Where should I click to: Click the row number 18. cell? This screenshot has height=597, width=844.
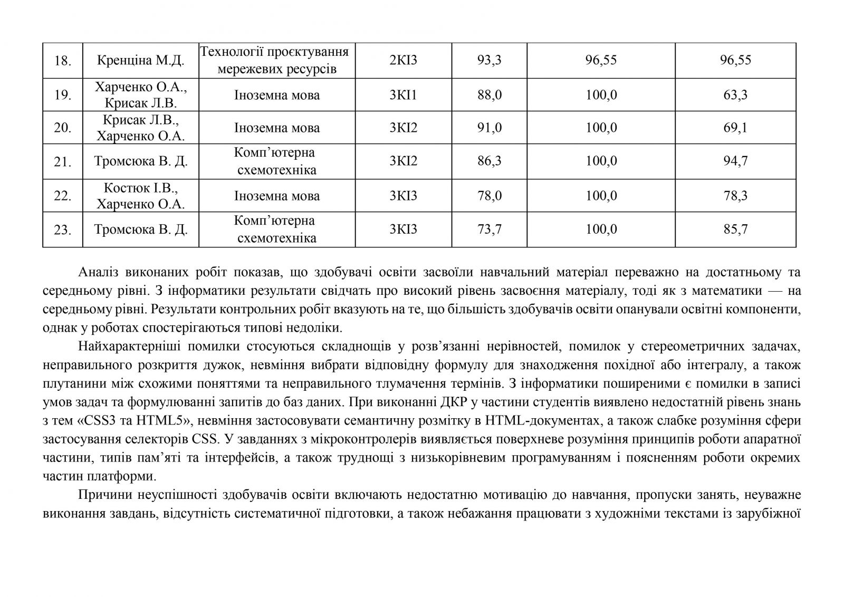(x=63, y=61)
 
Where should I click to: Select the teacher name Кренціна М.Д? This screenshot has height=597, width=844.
(x=141, y=61)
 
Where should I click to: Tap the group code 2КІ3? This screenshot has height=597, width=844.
(x=404, y=61)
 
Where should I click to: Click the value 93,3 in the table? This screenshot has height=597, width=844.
(x=490, y=61)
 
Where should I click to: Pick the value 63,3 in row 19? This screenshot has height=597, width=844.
(x=735, y=95)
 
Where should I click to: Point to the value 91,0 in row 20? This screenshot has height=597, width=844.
(x=490, y=128)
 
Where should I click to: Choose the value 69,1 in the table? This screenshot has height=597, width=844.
(x=735, y=128)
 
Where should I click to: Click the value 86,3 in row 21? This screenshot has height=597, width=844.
(x=490, y=161)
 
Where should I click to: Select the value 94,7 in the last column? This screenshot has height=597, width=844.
(x=735, y=161)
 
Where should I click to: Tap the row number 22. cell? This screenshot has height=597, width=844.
(x=63, y=196)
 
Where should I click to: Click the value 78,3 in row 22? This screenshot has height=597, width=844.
(x=735, y=196)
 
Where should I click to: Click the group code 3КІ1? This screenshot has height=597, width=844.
(x=404, y=95)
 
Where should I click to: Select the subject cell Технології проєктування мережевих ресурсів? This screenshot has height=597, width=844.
(x=275, y=61)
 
